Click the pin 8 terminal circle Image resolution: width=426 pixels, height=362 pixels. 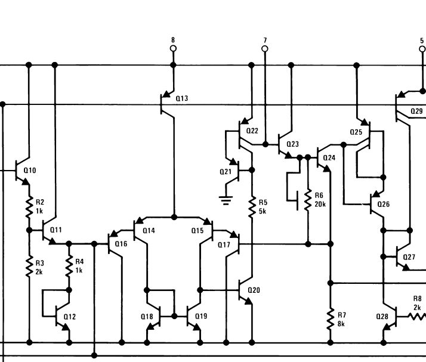point(173,48)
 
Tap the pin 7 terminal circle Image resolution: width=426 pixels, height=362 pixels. point(265,48)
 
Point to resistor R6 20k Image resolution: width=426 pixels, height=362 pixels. point(308,200)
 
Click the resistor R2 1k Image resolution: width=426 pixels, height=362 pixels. point(28,207)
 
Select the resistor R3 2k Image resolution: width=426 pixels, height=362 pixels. point(28,267)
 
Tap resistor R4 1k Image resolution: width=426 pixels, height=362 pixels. point(69,267)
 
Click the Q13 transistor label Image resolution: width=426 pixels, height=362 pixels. point(182,98)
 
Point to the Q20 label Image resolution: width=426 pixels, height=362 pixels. point(254,290)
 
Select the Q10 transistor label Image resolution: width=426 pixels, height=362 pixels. point(30,171)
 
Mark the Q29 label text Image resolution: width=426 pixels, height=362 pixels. point(416,111)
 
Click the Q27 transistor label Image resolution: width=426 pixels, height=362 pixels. point(409,257)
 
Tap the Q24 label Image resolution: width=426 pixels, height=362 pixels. point(329,158)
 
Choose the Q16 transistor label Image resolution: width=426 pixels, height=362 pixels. point(121,243)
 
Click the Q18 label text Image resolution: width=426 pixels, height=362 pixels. point(147,316)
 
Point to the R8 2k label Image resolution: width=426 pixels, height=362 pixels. point(418,304)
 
